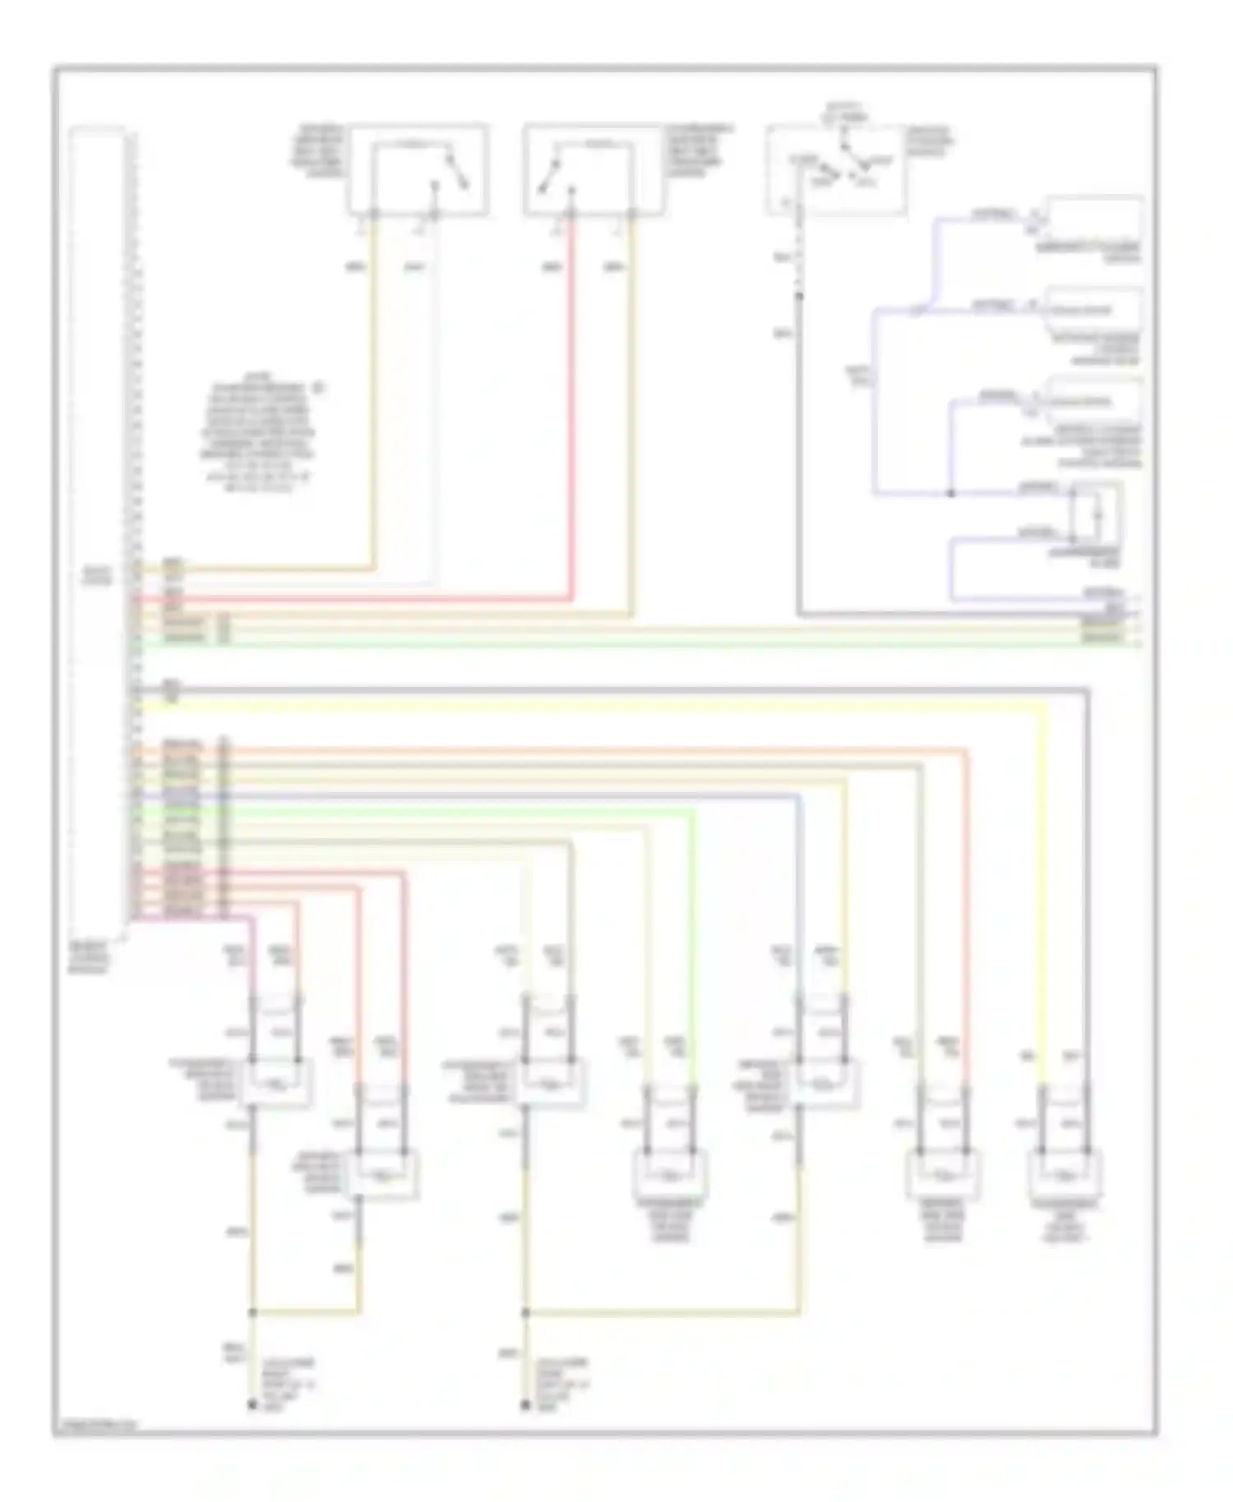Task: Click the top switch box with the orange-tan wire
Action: pos(418,170)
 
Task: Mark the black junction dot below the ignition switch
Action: pos(798,296)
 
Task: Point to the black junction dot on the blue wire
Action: pos(951,493)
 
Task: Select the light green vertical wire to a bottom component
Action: pos(694,945)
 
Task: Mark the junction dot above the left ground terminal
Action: pos(252,1312)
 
